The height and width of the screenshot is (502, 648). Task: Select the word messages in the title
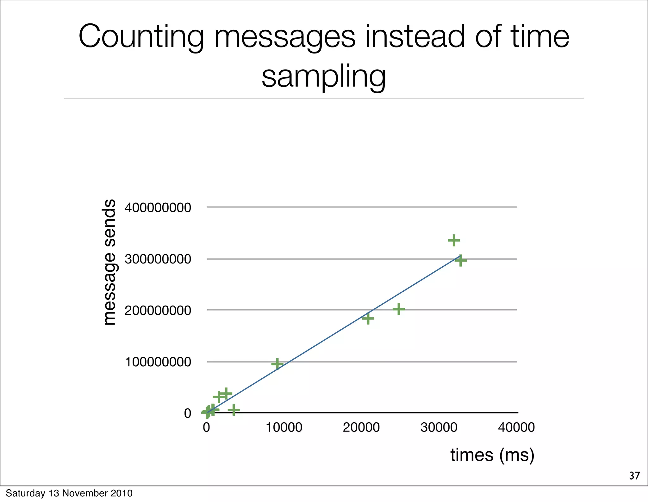pos(285,37)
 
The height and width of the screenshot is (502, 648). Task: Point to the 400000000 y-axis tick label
pos(158,208)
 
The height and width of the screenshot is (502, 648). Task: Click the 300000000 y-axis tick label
pos(158,259)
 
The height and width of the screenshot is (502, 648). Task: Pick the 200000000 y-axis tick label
pos(158,310)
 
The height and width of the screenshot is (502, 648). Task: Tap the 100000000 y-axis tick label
pos(158,362)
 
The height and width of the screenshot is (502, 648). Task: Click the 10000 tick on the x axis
pos(284,427)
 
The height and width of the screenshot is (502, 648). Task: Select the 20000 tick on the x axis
pos(361,427)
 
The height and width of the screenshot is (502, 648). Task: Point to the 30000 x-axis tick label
pos(439,427)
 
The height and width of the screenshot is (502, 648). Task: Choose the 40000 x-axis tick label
pos(516,427)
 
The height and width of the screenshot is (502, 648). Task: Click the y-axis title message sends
pos(109,262)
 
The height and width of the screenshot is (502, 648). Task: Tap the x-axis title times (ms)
pos(492,455)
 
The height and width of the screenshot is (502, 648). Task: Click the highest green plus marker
pos(454,240)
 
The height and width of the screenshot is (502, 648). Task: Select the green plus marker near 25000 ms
pos(399,309)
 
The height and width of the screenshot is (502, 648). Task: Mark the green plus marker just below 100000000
pos(277,364)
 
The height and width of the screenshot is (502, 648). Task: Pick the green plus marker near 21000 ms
pos(368,318)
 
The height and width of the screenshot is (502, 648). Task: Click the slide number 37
pos(634,476)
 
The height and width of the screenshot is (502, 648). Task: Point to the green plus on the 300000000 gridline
pos(461,261)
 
